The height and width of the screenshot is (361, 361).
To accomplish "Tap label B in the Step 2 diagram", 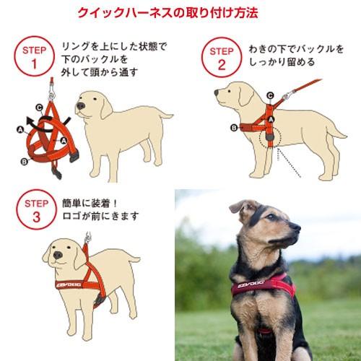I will (x=234, y=129).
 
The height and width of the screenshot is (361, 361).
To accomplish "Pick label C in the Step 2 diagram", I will (x=269, y=94).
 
